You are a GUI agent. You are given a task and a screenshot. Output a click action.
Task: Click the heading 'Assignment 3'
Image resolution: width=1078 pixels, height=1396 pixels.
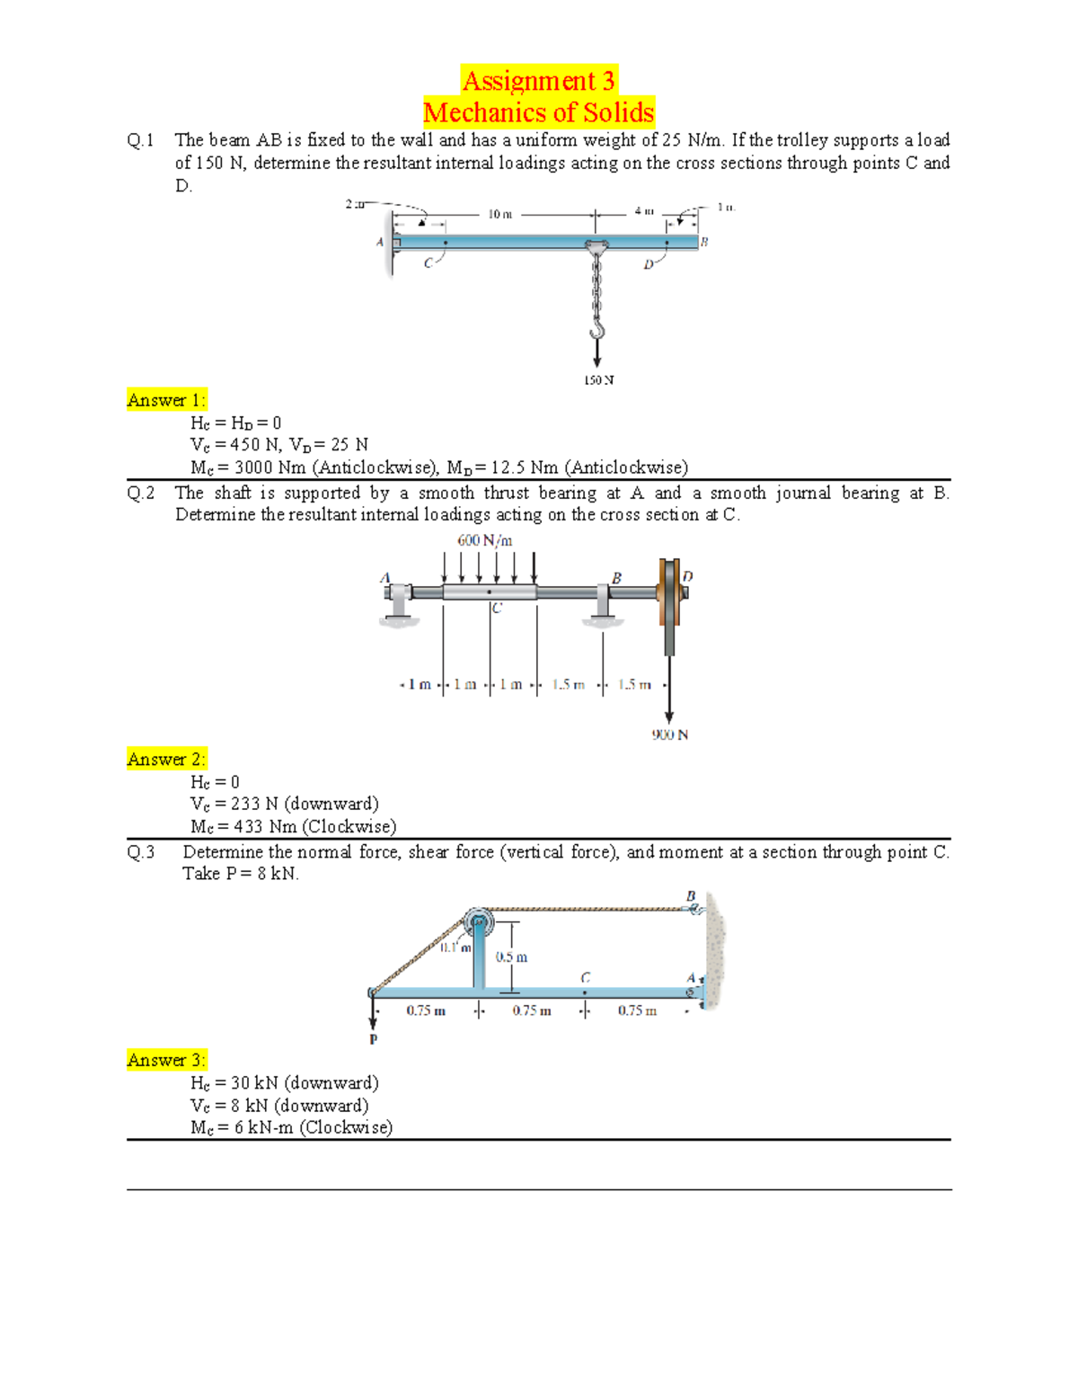tap(538, 81)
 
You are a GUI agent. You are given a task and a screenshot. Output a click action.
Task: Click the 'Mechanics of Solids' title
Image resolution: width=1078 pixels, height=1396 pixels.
tap(538, 112)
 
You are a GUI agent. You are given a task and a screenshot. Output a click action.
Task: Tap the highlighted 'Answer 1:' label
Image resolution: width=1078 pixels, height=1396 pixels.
tap(166, 400)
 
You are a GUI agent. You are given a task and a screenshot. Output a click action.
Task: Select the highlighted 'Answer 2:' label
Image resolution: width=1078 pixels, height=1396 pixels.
tap(166, 760)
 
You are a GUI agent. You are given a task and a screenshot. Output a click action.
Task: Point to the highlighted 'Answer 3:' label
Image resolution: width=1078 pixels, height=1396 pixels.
tap(166, 1060)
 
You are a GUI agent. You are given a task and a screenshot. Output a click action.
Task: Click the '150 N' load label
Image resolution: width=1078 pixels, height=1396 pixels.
tap(598, 380)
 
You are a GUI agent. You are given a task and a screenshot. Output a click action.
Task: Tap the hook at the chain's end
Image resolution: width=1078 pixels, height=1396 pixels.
tap(596, 325)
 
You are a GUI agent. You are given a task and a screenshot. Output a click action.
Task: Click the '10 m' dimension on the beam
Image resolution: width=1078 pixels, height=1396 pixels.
tap(499, 214)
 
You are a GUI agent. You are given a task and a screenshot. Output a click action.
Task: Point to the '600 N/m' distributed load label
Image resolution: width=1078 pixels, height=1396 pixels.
tap(485, 540)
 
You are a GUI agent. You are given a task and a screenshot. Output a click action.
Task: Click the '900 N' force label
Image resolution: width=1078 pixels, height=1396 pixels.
tap(669, 734)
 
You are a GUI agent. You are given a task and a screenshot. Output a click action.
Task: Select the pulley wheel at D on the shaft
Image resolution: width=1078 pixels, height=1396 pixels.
tap(669, 593)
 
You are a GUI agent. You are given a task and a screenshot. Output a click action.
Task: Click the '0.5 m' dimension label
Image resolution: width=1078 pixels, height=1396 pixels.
tap(511, 957)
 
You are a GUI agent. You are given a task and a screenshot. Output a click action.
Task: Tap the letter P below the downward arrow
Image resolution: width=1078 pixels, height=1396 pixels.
tap(374, 1039)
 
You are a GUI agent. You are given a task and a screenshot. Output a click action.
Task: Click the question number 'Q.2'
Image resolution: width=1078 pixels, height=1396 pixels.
tap(141, 493)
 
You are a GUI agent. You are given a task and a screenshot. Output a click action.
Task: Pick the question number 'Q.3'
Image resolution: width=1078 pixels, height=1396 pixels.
tap(141, 852)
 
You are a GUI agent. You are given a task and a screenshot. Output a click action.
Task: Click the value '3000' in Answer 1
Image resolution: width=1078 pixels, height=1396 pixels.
tap(253, 467)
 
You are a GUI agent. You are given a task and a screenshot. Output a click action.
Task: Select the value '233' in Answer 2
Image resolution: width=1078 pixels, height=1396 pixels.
tap(245, 804)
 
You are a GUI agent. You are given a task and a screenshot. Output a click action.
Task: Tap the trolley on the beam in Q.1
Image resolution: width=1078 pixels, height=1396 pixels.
tap(596, 246)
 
